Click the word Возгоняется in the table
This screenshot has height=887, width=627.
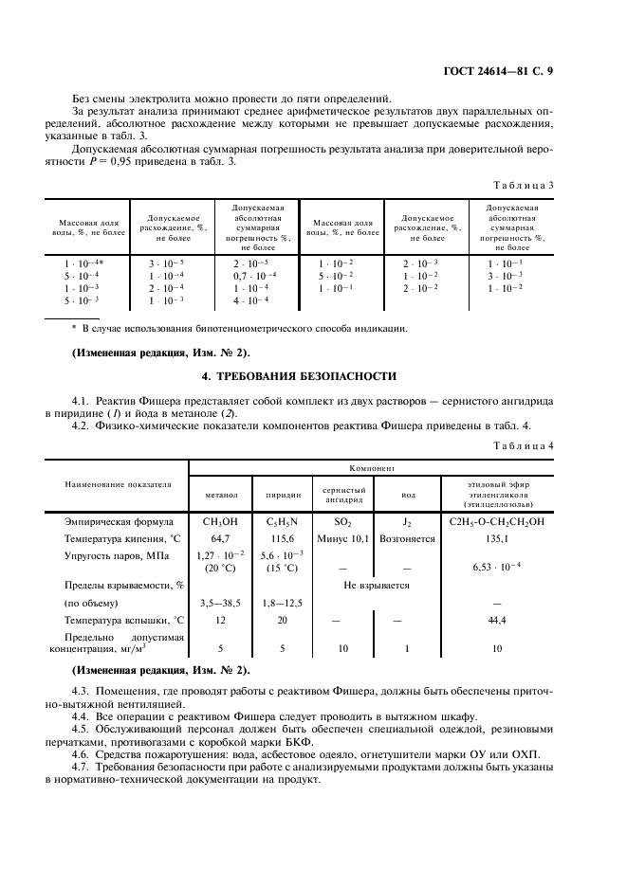point(407,537)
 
